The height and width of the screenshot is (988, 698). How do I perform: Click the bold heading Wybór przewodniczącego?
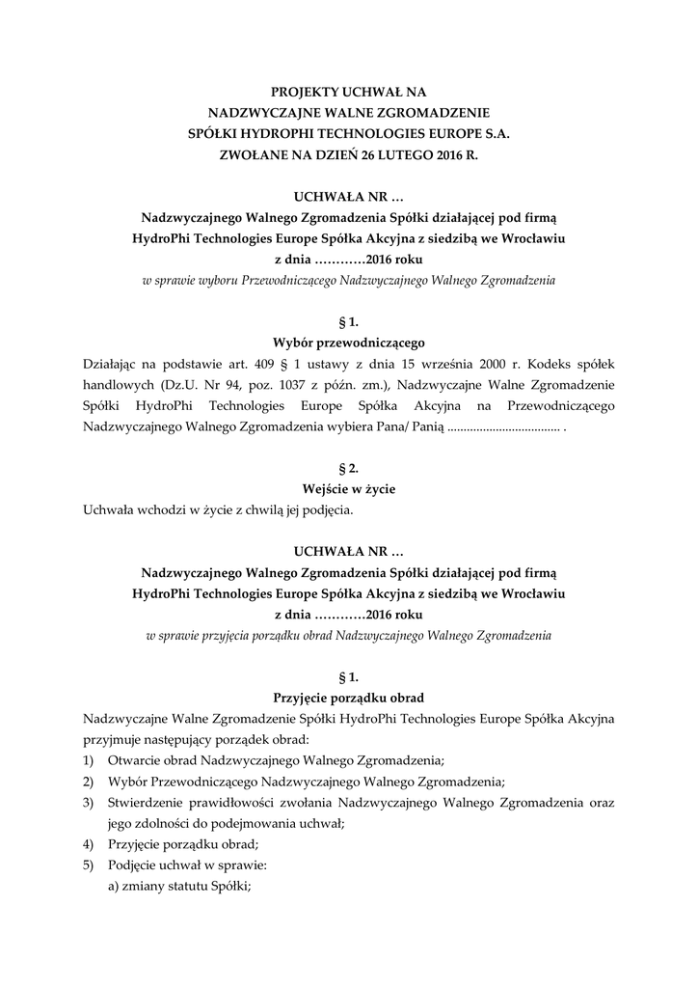349,341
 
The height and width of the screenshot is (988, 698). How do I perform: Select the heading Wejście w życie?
349,488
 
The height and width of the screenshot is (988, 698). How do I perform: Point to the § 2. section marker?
349,467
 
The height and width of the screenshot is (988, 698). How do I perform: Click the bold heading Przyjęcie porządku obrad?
349,697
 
